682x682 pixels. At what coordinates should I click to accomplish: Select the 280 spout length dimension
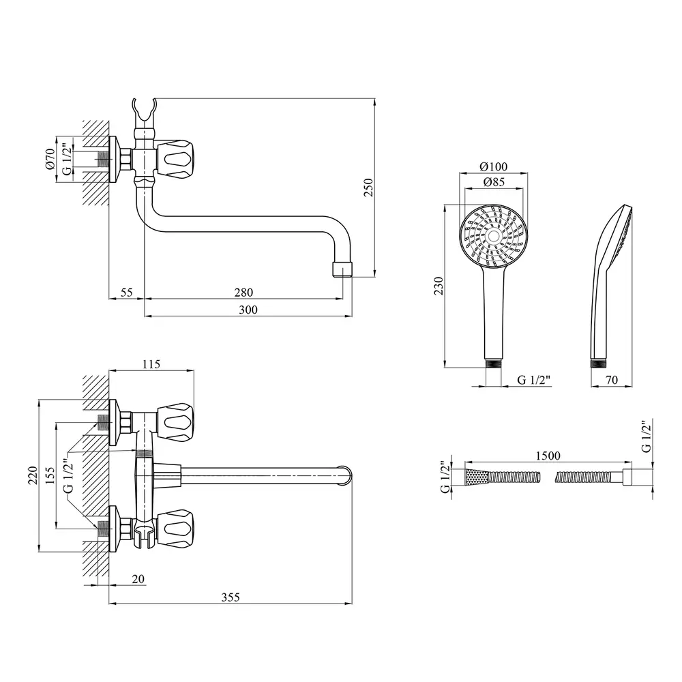point(243,293)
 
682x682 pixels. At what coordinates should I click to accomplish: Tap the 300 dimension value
point(248,310)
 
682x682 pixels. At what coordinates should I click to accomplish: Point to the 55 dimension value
point(126,293)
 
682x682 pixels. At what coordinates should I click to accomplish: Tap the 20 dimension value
point(138,579)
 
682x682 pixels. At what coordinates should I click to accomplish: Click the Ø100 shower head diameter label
point(493,166)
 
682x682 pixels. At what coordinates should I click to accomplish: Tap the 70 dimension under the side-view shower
point(611,381)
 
